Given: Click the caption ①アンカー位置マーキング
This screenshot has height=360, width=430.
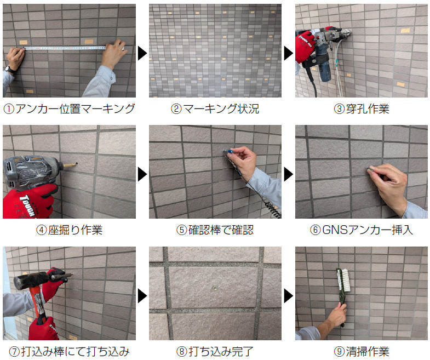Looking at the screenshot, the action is [69, 108].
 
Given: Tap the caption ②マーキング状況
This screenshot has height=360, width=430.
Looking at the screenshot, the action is [215, 108].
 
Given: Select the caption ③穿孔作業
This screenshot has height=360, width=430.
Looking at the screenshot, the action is [362, 108].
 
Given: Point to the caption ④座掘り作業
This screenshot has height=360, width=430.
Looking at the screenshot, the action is [69, 230].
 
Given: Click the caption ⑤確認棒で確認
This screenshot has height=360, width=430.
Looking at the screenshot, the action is [215, 230].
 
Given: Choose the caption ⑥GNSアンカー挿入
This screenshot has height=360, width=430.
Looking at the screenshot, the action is [362, 230].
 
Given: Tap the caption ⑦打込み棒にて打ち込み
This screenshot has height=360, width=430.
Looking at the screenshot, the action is [69, 351].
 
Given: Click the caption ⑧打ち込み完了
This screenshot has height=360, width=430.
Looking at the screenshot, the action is [215, 351].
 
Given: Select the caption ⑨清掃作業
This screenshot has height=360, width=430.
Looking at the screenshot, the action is [362, 351].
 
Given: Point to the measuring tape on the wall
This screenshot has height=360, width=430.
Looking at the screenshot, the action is [65, 48].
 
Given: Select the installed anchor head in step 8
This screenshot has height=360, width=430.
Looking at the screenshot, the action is [215, 288].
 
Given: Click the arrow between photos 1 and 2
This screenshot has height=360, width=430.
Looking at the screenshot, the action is [142, 53].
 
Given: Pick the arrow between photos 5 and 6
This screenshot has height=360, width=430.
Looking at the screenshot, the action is [289, 174].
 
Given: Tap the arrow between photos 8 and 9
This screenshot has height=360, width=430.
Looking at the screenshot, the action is [289, 296].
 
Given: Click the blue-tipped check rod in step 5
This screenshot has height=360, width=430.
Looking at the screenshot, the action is [229, 151].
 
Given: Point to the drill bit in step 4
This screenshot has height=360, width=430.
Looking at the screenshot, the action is [70, 164].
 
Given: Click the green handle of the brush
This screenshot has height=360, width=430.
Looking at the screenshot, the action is [341, 299].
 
